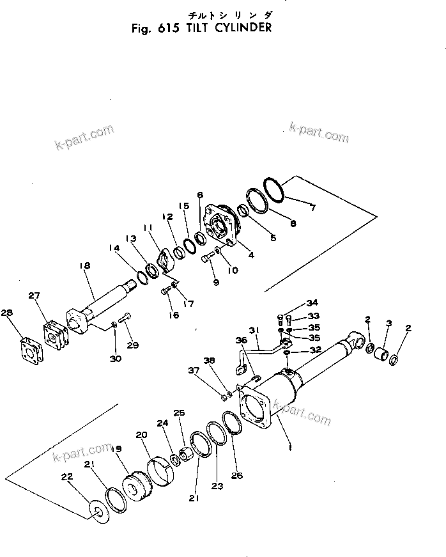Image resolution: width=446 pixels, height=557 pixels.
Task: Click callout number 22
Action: [x=67, y=476]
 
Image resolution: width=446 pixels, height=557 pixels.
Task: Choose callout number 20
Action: [x=141, y=435]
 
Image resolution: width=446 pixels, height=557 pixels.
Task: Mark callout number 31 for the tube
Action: [x=254, y=330]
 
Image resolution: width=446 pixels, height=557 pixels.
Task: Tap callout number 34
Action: [x=311, y=303]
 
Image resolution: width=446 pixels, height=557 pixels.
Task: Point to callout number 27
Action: [x=34, y=295]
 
